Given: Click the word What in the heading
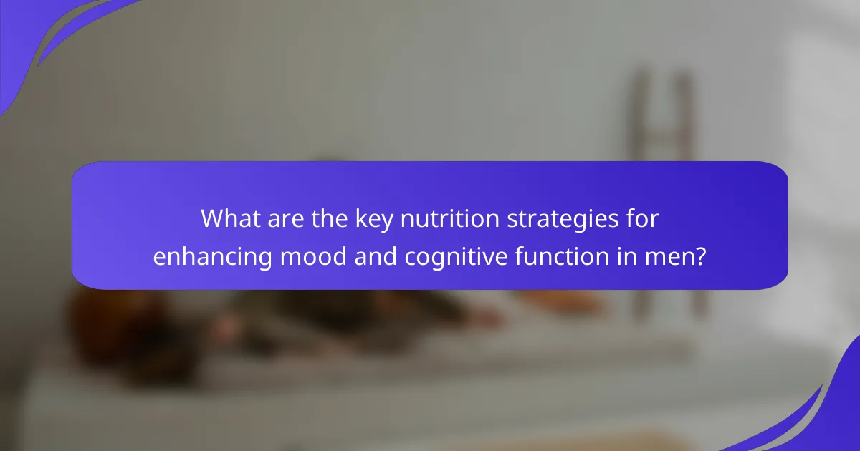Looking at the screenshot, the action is (231, 218).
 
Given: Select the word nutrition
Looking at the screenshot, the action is (449, 218).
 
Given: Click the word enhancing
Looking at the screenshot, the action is (213, 258).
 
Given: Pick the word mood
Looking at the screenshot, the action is (313, 256).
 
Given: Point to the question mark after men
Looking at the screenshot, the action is (701, 256).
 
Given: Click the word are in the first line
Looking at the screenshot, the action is (286, 220).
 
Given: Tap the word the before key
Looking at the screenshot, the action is (330, 218).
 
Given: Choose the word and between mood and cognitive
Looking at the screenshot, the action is (376, 256).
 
